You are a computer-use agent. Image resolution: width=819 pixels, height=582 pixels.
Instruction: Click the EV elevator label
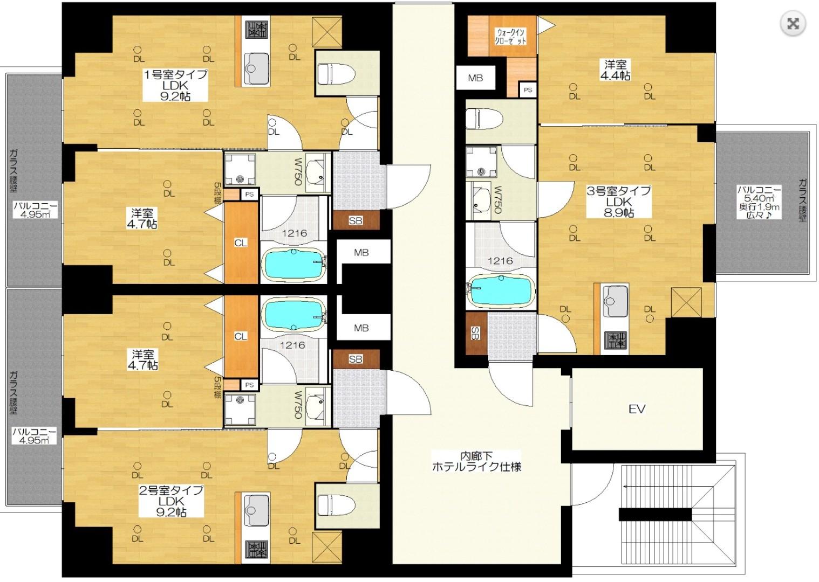637,410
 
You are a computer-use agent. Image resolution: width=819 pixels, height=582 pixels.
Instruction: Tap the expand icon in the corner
793,24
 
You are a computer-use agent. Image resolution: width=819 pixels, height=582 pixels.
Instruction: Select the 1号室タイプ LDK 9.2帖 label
175,86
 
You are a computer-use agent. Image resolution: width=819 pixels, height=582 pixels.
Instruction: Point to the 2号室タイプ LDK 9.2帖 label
171,501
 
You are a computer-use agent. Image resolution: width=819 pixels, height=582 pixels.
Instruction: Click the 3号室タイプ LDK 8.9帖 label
619,202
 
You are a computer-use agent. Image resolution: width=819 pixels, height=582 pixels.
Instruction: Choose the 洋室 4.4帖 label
615,71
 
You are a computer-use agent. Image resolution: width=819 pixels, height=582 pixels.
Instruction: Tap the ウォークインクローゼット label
510,36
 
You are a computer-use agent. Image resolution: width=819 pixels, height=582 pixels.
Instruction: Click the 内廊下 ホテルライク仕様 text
476,461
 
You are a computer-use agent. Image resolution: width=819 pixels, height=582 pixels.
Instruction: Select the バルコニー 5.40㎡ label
759,202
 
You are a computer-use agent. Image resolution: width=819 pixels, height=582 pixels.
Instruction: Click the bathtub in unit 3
501,291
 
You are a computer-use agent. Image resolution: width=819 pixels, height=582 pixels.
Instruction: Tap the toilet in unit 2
336,505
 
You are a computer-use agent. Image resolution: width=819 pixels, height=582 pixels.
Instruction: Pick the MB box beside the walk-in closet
476,78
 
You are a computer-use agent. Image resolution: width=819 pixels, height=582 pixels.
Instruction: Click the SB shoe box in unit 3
476,333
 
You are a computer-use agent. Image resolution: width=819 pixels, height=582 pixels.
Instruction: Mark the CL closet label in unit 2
241,336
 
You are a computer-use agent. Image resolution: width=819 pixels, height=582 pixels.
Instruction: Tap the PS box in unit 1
249,194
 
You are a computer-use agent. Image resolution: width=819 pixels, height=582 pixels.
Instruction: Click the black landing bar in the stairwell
655,515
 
